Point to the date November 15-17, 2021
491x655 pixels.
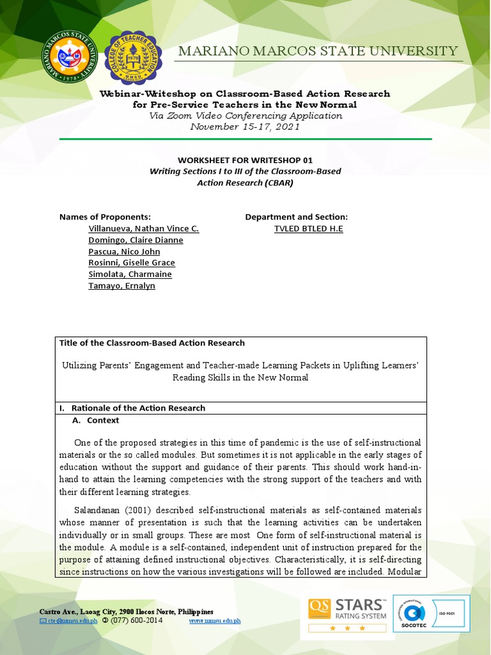[x=245, y=127]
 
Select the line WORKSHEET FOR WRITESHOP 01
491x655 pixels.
[x=245, y=160]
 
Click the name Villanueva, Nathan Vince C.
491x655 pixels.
[x=144, y=228]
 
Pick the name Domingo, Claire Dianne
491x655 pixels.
[x=136, y=240]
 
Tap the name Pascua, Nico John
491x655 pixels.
[x=124, y=251]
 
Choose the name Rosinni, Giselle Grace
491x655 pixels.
[x=132, y=263]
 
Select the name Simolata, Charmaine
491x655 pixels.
[x=130, y=274]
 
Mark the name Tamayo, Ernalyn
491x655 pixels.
[x=121, y=286]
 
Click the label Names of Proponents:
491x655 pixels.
[x=105, y=217]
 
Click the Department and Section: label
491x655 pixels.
[x=297, y=217]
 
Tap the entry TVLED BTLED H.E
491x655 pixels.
[x=308, y=228]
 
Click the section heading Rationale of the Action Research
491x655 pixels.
[x=137, y=407]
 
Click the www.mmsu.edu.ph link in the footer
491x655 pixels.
[x=215, y=620]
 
